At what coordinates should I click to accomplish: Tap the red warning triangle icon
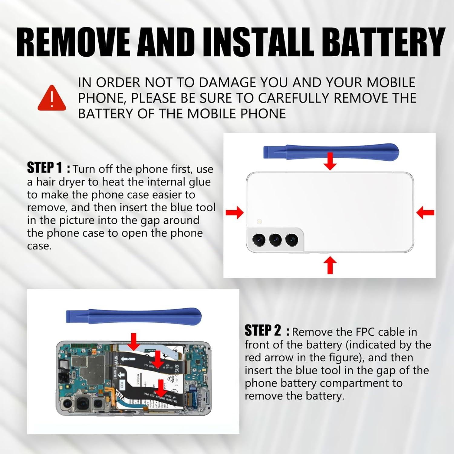[52, 98]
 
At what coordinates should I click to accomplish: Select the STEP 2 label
[262, 331]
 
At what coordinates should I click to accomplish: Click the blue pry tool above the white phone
[331, 151]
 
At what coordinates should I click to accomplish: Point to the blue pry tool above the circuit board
[133, 315]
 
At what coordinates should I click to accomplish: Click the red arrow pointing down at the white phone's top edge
[330, 161]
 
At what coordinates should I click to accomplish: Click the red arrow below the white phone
[330, 265]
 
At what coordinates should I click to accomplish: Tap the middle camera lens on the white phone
[275, 240]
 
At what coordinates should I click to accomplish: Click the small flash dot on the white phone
[259, 222]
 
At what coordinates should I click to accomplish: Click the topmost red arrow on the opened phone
[134, 341]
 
